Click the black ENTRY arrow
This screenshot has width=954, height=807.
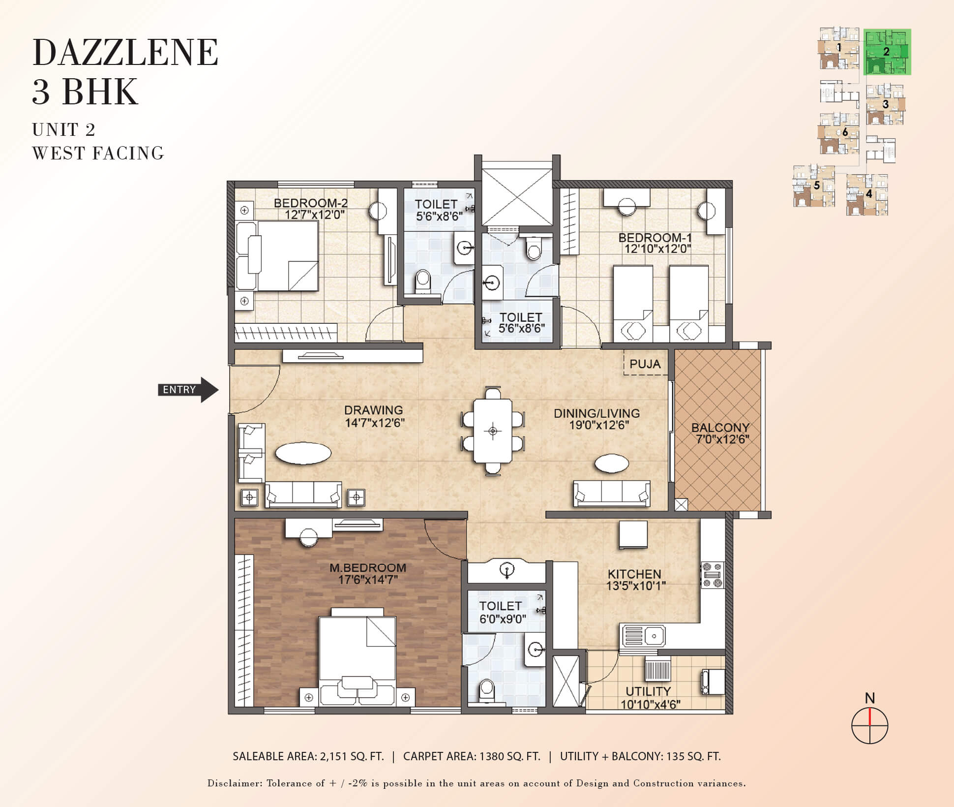[x=188, y=390]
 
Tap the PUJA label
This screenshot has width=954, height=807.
[x=645, y=364]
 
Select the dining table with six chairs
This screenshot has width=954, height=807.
[x=493, y=431]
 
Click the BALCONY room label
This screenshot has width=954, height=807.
[x=720, y=428]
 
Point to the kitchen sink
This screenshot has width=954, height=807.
[x=644, y=636]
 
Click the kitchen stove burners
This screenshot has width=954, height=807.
[x=713, y=575]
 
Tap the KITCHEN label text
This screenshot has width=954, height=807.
[x=634, y=574]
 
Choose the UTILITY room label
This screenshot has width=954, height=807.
[x=648, y=691]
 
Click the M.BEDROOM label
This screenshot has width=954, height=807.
[x=368, y=567]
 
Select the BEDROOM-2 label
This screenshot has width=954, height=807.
[x=311, y=203]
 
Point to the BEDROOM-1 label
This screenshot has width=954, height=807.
[x=655, y=238]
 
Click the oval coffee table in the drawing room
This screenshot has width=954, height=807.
[x=303, y=453]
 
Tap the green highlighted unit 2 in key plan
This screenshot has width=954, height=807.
[x=888, y=52]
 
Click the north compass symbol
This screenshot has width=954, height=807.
[x=869, y=725]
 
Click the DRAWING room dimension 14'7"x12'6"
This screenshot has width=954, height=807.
[x=375, y=423]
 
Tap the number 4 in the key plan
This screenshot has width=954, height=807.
[x=869, y=194]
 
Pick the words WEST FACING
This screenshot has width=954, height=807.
[x=98, y=154]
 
